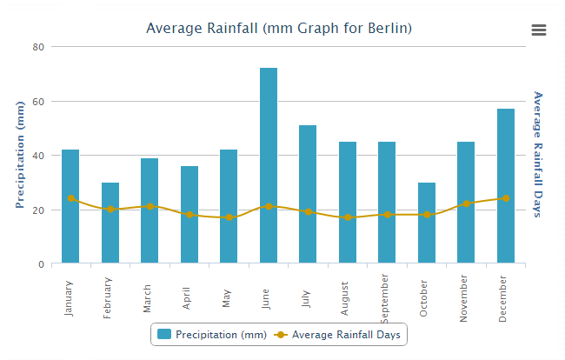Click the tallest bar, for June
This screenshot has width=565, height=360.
click(269, 165)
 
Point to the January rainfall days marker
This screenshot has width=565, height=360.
click(71, 198)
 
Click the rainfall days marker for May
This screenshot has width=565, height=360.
click(229, 217)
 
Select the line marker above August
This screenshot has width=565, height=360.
click(348, 217)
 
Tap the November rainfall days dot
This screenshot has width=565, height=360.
click(467, 203)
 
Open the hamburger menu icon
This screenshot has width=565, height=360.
click(539, 30)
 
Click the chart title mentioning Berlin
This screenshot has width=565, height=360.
click(279, 28)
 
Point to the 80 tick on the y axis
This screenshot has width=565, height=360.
click(38, 47)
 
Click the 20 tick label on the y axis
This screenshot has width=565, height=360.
click(38, 210)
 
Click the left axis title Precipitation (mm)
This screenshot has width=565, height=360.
click(20, 155)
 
